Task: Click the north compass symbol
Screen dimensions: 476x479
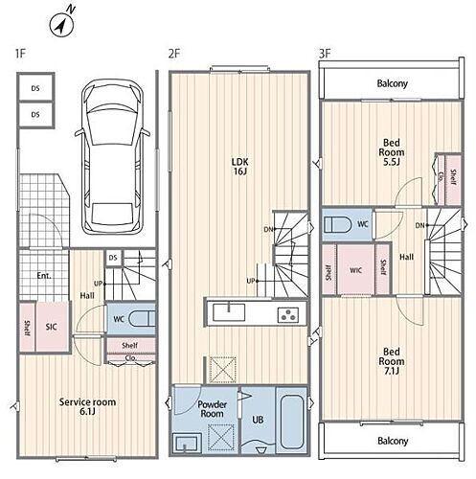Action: pyautogui.click(x=62, y=25)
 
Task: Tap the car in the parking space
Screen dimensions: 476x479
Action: pyautogui.click(x=111, y=156)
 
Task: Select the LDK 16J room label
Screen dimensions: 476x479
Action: pyautogui.click(x=240, y=167)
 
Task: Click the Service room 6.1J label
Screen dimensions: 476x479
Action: pyautogui.click(x=87, y=406)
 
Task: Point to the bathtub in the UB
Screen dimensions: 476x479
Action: pyautogui.click(x=291, y=422)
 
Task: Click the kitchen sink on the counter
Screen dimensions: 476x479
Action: pyautogui.click(x=229, y=312)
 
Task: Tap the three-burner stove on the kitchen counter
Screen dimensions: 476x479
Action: pyautogui.click(x=288, y=315)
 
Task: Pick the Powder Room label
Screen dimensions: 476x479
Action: pyautogui.click(x=212, y=409)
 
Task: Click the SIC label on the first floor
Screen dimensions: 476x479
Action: pyautogui.click(x=51, y=327)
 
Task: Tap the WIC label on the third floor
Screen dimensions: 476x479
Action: pyautogui.click(x=355, y=270)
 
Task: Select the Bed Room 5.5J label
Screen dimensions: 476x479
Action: pyautogui.click(x=392, y=152)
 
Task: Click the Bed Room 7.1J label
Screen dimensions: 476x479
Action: pyautogui.click(x=392, y=361)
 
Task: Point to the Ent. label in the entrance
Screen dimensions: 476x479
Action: pyautogui.click(x=44, y=276)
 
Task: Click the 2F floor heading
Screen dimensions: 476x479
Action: pyautogui.click(x=174, y=54)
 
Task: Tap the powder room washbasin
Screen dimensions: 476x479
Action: pyautogui.click(x=187, y=443)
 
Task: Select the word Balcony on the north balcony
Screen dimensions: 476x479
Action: pyautogui.click(x=393, y=83)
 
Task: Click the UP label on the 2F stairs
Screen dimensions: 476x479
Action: pyautogui.click(x=251, y=281)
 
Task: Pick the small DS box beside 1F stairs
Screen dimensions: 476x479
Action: pyautogui.click(x=113, y=258)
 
